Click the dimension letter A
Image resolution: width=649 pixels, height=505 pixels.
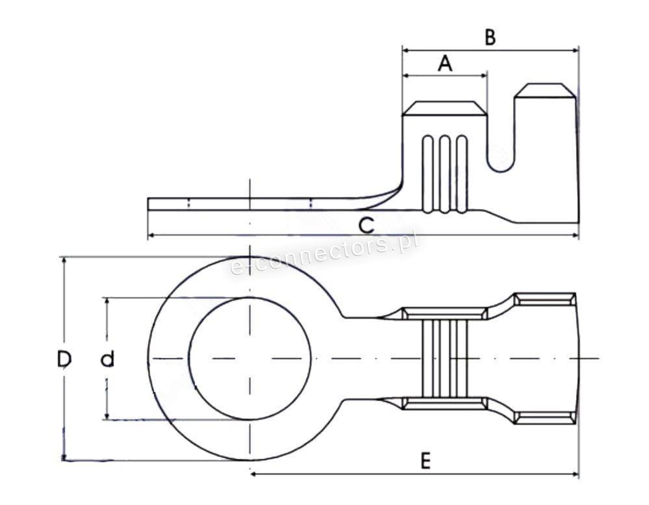coord(445,63)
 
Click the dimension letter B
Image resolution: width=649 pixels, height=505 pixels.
coord(490,37)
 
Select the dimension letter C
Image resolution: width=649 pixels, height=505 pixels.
coord(366,226)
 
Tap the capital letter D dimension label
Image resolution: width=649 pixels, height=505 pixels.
coord(64,359)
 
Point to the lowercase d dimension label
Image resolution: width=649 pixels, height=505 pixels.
coord(108,359)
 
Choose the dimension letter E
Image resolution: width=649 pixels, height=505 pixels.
coord(426,461)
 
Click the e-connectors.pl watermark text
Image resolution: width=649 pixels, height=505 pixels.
coord(324,253)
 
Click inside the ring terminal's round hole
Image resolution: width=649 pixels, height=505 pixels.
coord(249,358)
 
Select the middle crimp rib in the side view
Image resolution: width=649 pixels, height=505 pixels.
coord(444,174)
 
